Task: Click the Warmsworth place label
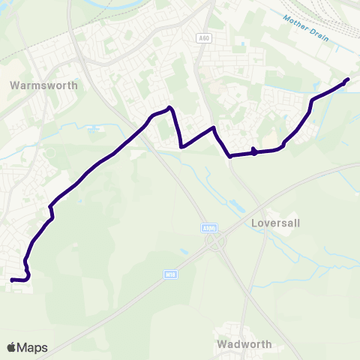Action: [43, 85]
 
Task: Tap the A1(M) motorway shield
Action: [208, 227]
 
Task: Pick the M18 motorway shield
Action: [170, 276]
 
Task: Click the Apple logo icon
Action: [12, 347]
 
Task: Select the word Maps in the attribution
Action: [32, 347]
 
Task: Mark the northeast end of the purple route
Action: [347, 79]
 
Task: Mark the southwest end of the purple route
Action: [12, 280]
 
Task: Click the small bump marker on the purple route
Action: [254, 151]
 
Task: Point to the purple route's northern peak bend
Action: [170, 109]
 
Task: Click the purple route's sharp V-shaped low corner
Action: [182, 147]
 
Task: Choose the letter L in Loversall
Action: [255, 223]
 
